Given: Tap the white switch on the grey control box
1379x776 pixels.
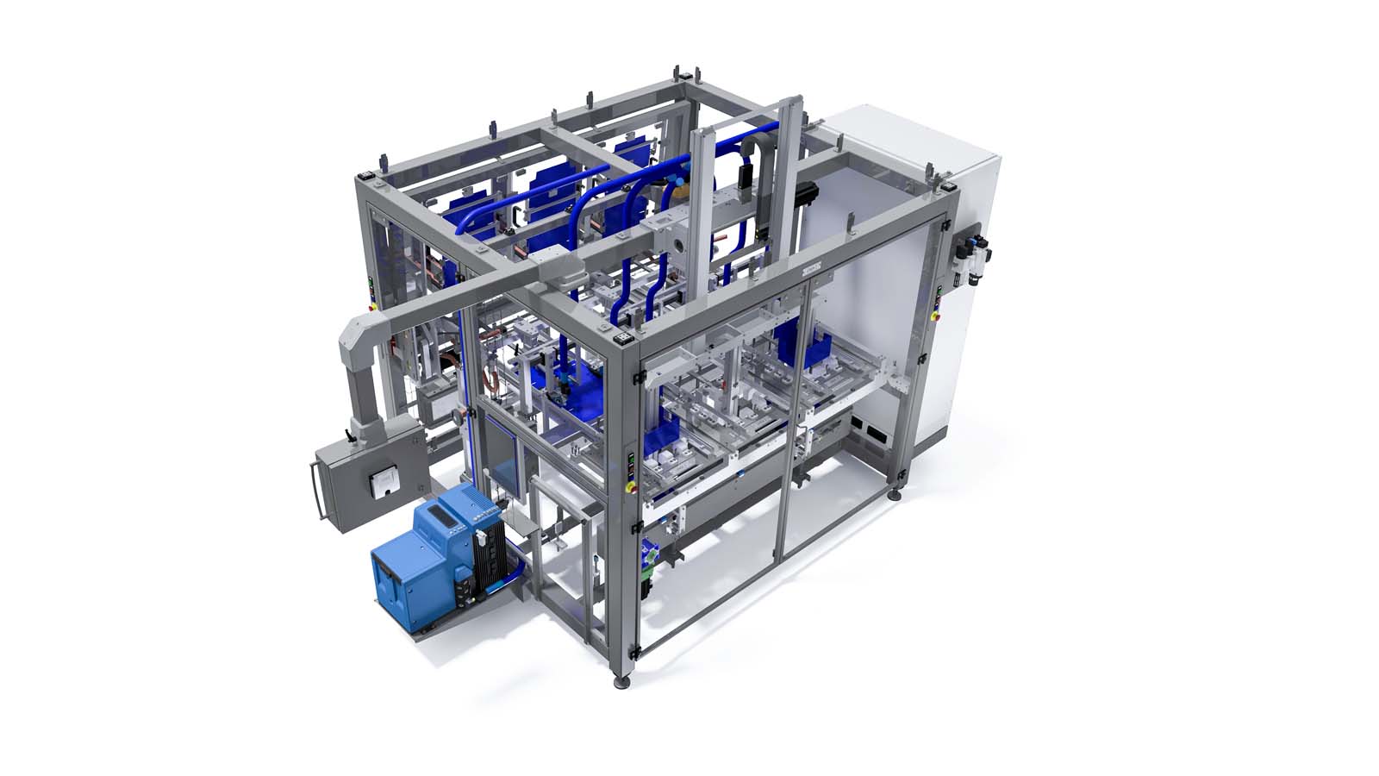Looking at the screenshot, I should pyautogui.click(x=379, y=484).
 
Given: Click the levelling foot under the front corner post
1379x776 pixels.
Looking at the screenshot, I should pyautogui.click(x=621, y=684).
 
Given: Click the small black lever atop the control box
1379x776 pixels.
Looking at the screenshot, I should pyautogui.click(x=353, y=430).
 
